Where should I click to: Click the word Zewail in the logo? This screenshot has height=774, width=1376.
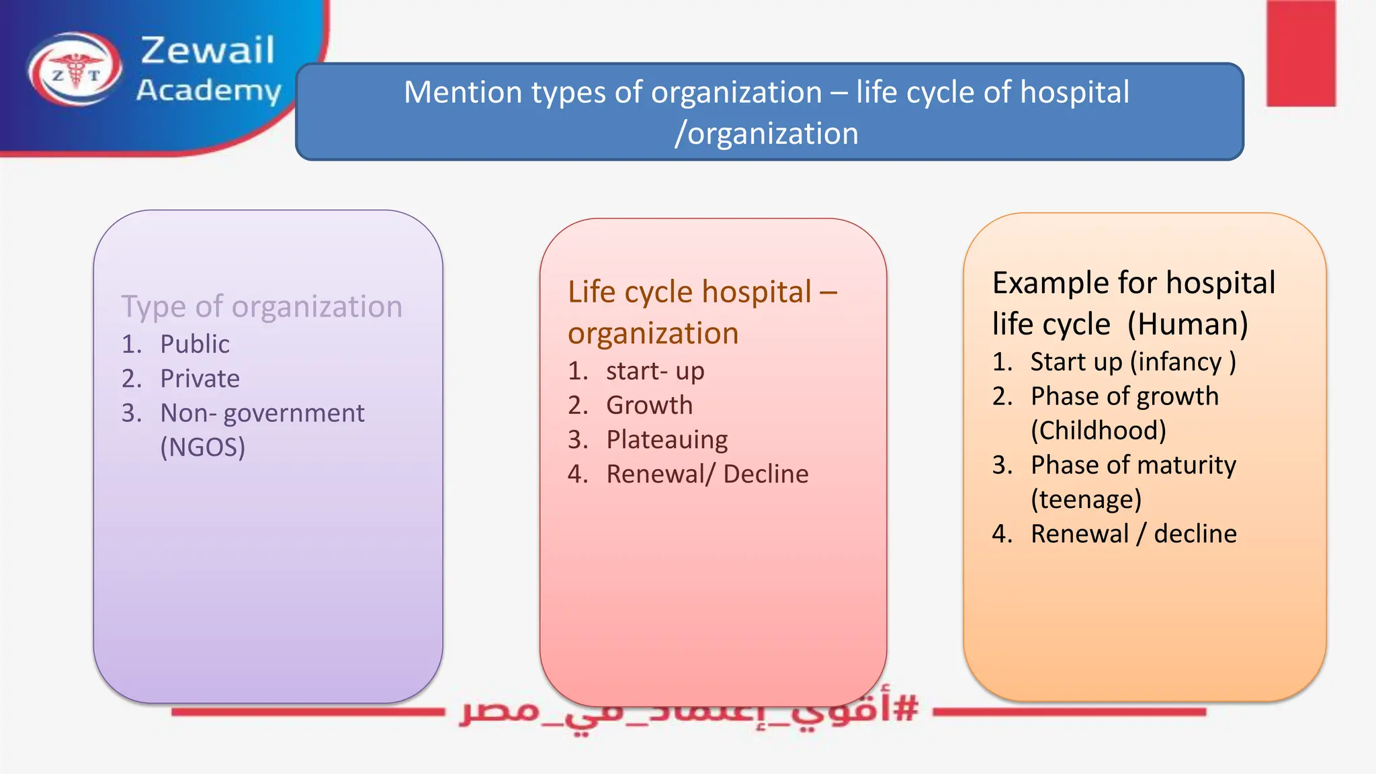[x=208, y=51]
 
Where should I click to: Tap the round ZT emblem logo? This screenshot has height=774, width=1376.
[x=75, y=69]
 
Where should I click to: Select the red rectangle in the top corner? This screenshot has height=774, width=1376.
[x=1301, y=54]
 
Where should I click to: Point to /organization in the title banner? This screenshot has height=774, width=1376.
[x=767, y=134]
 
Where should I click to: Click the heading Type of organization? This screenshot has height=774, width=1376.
[x=262, y=307]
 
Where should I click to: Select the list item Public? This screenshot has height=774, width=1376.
[x=195, y=344]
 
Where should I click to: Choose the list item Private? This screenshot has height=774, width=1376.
[x=200, y=379]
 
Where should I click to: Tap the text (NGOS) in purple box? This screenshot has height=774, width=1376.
[x=203, y=447]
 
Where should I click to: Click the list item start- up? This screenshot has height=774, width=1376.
[x=655, y=371]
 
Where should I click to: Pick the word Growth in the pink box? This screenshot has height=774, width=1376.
[x=649, y=405]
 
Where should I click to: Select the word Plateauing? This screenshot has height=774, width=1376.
[x=666, y=440]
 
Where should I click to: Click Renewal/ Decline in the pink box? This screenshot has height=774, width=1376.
[x=707, y=474]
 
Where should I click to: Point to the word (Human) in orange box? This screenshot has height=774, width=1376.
[x=1187, y=325]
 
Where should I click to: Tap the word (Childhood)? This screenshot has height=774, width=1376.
[x=1099, y=431]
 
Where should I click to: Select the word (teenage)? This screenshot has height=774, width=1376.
[x=1086, y=500]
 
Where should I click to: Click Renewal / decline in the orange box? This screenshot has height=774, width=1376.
[x=1133, y=534]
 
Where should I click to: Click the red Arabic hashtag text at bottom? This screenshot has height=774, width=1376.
[x=689, y=712]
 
